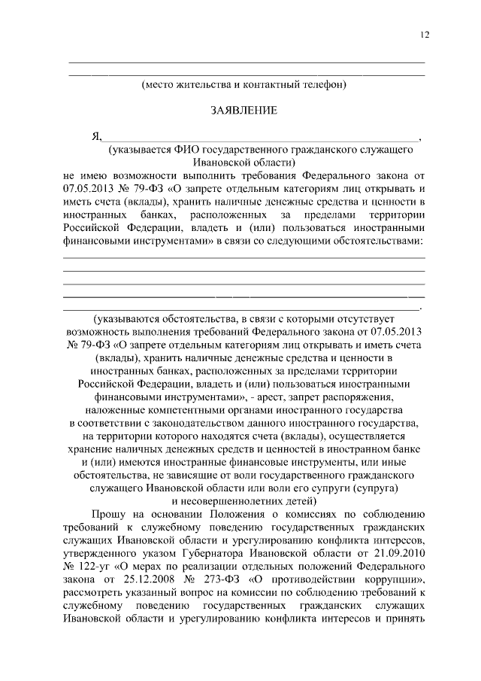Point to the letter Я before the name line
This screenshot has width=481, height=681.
click(95, 136)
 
